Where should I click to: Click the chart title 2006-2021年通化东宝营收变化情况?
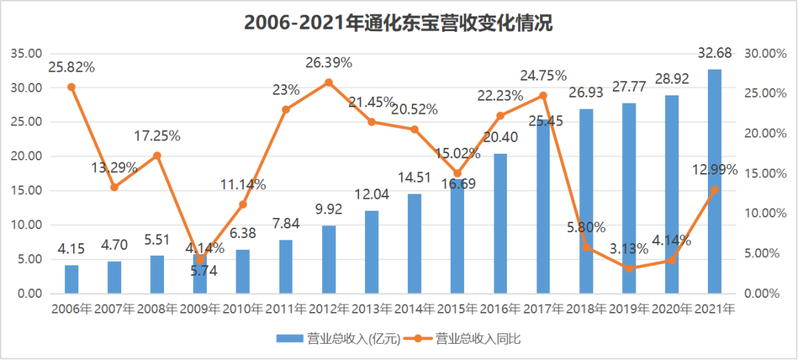[399, 23]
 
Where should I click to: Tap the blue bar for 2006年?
[72, 279]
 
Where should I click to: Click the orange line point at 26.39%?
[329, 83]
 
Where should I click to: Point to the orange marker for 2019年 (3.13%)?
[629, 268]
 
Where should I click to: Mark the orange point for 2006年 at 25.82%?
[72, 87]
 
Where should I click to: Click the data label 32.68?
[715, 54]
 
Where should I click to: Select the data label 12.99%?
[715, 170]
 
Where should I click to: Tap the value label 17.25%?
[157, 137]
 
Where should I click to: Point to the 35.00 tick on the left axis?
[25, 53]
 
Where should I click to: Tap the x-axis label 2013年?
[372, 308]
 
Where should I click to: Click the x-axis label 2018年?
[586, 308]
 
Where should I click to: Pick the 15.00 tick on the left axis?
[25, 191]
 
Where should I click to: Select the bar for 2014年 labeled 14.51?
[415, 243]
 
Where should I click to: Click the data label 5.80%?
[586, 227]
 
